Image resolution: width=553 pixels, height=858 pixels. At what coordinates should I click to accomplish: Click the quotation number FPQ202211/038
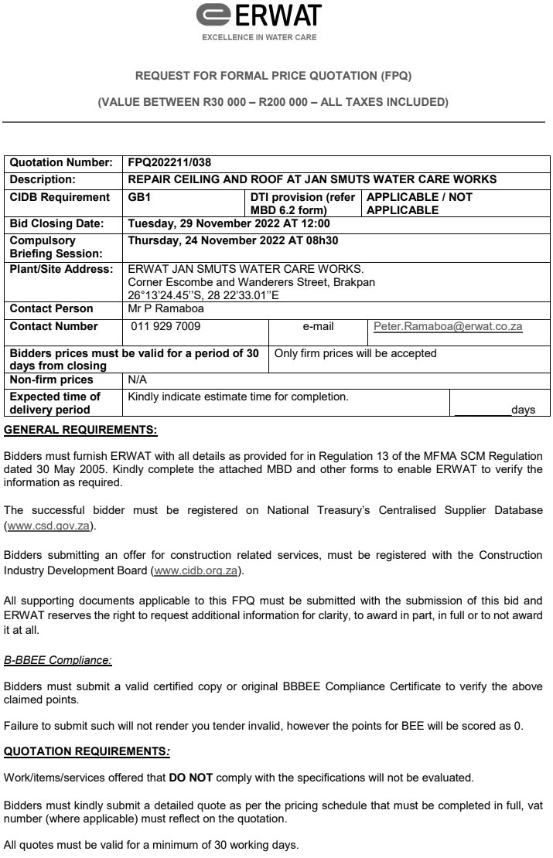[x=169, y=163]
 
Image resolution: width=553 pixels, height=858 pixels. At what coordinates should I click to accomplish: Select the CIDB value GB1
[x=140, y=197]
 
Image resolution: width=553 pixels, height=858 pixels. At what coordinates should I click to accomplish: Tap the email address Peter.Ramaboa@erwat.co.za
[x=448, y=327]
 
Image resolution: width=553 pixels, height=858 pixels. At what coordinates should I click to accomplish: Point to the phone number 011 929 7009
[x=166, y=327]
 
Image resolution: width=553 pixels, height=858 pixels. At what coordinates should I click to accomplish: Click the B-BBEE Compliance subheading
[x=58, y=660]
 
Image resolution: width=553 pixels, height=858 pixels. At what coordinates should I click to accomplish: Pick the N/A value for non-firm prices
[x=137, y=380]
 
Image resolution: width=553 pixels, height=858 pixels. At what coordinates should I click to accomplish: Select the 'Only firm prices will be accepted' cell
[x=356, y=353]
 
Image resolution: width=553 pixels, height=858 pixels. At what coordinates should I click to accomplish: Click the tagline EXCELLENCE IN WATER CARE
[x=259, y=36]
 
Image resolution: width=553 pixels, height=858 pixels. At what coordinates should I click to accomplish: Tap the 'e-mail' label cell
[x=318, y=327]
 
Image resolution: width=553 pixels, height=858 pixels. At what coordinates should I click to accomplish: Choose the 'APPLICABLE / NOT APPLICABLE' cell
[x=418, y=203]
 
